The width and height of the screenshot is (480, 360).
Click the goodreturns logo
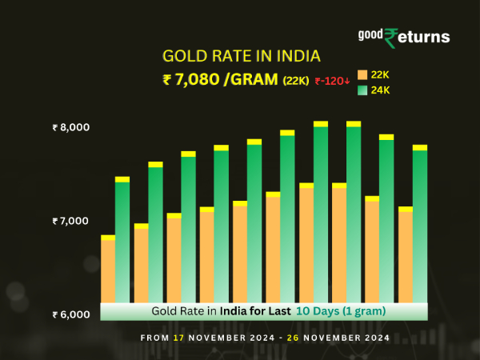[x=404, y=37]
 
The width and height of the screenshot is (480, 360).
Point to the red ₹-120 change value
[x=332, y=80]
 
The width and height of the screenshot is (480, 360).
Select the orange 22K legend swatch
[x=362, y=74]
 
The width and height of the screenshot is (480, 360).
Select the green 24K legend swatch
[x=362, y=90]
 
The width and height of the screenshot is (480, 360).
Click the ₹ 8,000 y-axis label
[x=71, y=127]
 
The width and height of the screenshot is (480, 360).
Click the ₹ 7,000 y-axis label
[x=71, y=221]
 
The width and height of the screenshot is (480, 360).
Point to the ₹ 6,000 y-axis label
[x=71, y=314]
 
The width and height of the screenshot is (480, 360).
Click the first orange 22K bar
[x=108, y=272]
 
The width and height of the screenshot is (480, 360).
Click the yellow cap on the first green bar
[x=122, y=179]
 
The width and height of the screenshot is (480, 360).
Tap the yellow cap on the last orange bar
[x=405, y=209]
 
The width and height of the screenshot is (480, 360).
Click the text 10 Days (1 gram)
[x=342, y=310]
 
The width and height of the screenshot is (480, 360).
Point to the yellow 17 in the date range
[x=178, y=338]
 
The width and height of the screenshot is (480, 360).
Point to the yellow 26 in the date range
[x=296, y=338]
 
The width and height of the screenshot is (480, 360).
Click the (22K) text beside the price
[x=295, y=80]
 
